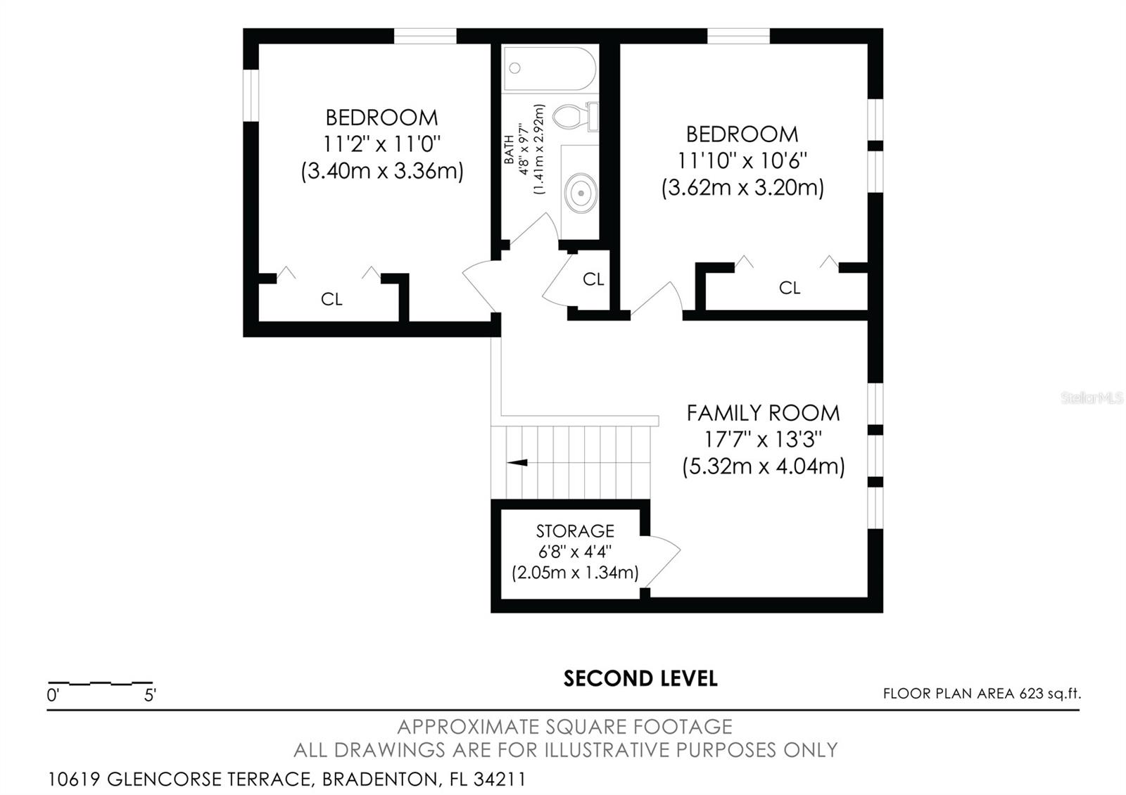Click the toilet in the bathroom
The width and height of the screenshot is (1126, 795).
[575, 117]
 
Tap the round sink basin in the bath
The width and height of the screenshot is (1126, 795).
[581, 193]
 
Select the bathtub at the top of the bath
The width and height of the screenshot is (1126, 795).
[550, 69]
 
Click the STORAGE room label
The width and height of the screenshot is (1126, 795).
[575, 531]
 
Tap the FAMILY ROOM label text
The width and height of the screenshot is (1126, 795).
[763, 413]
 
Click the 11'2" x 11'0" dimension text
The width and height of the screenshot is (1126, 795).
[381, 145]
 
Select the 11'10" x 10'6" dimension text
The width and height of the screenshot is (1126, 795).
[742, 161]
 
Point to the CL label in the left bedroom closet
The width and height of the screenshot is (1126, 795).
[331, 300]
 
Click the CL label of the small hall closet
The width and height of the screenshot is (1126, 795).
[593, 279]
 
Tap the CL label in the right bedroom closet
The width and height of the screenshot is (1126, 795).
[789, 288]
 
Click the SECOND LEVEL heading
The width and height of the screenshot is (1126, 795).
[640, 678]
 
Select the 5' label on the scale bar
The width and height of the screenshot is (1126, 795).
[150, 695]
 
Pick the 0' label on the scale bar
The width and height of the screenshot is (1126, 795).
[53, 695]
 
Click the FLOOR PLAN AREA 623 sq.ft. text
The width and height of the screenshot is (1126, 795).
[982, 694]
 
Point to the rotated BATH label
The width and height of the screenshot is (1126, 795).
[509, 149]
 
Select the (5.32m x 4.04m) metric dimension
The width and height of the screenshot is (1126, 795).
[763, 466]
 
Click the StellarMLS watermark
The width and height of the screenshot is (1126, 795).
[1092, 398]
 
